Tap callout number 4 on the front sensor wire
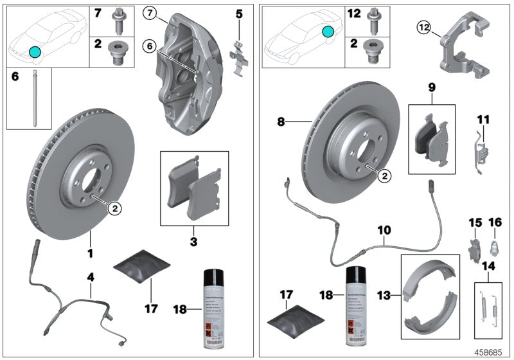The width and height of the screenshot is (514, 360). pyautogui.click(x=91, y=277)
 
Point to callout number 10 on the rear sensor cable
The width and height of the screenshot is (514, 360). pyautogui.click(x=384, y=230)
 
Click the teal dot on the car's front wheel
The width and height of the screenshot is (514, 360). pyautogui.click(x=34, y=51)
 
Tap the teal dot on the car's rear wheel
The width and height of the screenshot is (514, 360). pyautogui.click(x=328, y=30)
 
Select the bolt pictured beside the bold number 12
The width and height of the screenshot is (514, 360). pyautogui.click(x=373, y=19)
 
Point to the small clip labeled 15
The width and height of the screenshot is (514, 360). pyautogui.click(x=475, y=248)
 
